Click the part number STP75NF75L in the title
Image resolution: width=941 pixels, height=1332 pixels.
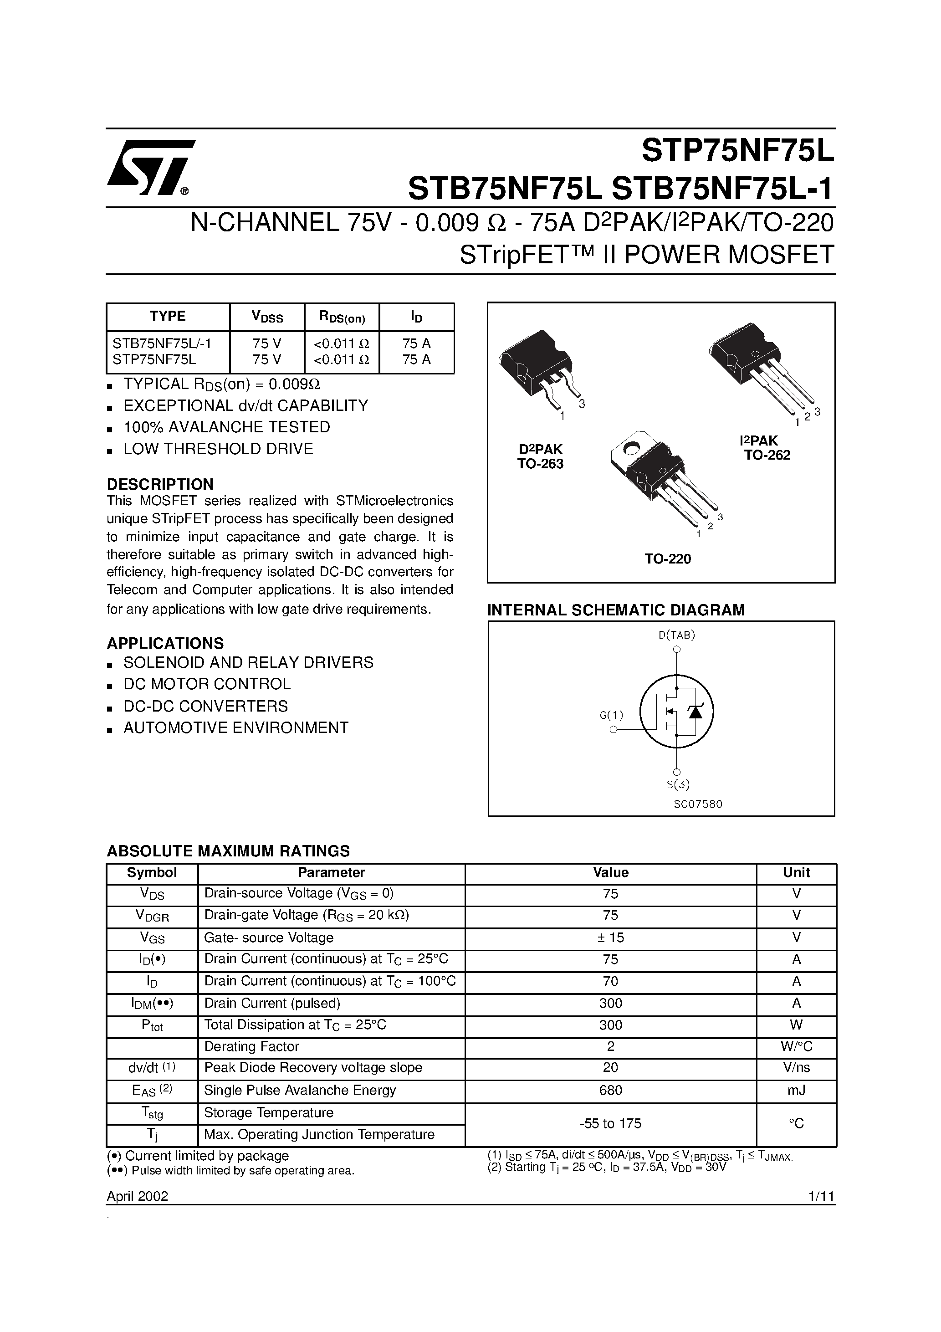[x=737, y=152]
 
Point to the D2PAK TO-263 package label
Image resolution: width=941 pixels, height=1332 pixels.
[x=540, y=456]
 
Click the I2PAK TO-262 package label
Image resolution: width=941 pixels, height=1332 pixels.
[x=767, y=448]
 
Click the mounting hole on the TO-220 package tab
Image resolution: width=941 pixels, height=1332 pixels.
[x=632, y=447]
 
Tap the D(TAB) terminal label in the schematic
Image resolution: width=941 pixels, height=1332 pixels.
[x=676, y=635]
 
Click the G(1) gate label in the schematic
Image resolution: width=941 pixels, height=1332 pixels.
[x=611, y=715]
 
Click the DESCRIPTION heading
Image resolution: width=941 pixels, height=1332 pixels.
[x=160, y=484]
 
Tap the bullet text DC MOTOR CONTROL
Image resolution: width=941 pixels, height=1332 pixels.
[x=207, y=684]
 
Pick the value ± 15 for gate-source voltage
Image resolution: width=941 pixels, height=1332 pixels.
[x=610, y=938]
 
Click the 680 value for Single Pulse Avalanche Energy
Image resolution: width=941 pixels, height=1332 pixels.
[x=610, y=1090]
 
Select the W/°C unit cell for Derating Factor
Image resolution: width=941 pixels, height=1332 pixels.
[x=796, y=1046]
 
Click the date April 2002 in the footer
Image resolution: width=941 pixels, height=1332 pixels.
[x=138, y=1196]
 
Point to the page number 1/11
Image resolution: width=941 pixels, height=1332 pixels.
[x=820, y=1196]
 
